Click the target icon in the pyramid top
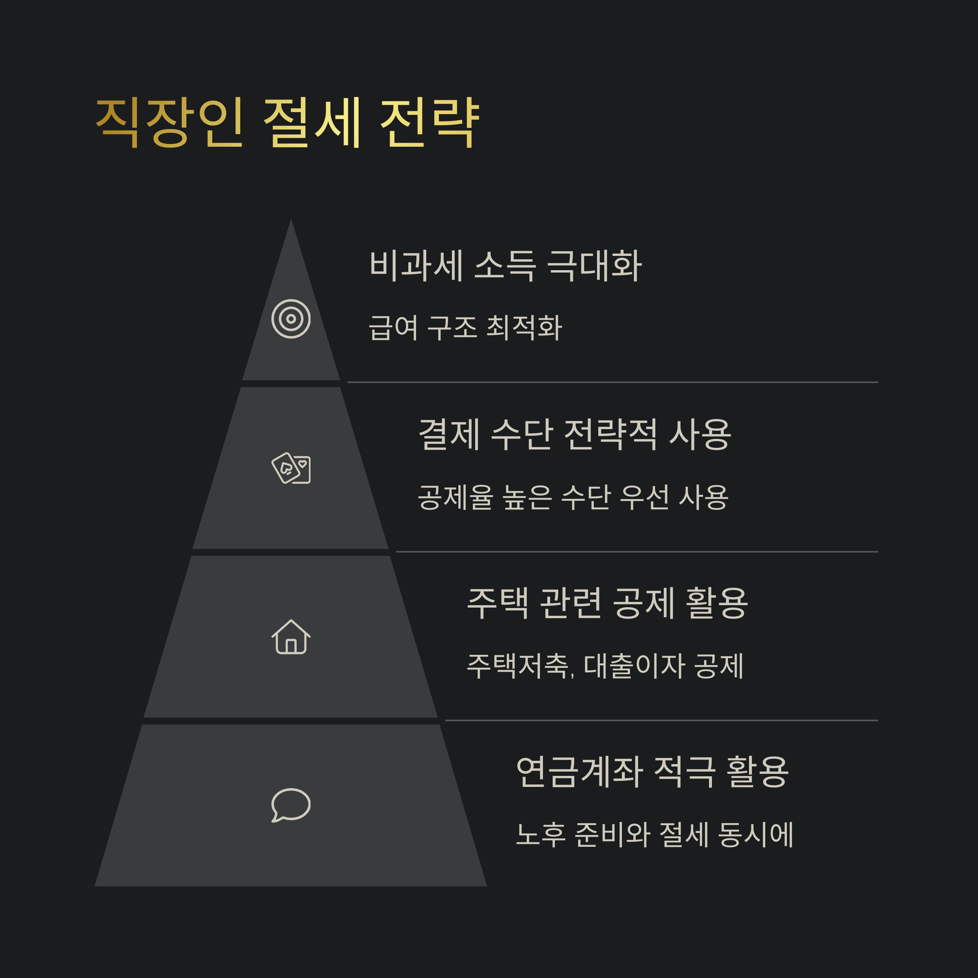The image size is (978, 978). click(291, 319)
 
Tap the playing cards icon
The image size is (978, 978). click(291, 468)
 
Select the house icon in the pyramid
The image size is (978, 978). click(291, 637)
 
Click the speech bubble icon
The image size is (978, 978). click(291, 805)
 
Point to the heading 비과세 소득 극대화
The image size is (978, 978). click(506, 265)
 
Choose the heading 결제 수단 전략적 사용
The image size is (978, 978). click(575, 434)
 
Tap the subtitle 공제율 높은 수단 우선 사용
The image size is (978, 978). click(573, 497)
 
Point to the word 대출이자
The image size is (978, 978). click(635, 666)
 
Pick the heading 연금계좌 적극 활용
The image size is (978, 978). click(652, 771)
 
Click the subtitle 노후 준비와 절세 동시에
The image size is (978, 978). click(654, 834)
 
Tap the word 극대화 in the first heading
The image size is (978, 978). click(595, 265)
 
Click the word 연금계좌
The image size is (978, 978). click(579, 771)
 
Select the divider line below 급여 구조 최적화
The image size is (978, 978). click(612, 382)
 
